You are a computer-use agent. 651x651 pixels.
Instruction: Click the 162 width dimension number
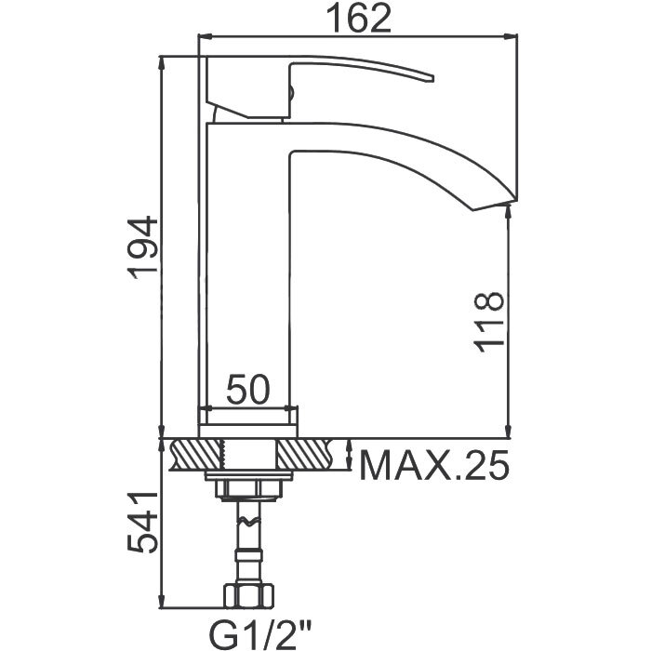(x=358, y=19)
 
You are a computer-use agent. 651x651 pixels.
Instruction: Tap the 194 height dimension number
(x=143, y=248)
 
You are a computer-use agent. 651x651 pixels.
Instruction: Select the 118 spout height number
(x=489, y=322)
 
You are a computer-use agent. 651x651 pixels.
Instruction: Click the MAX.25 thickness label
(x=434, y=465)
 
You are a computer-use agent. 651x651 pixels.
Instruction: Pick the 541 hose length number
(x=143, y=523)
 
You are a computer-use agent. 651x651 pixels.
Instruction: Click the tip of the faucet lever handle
(x=432, y=78)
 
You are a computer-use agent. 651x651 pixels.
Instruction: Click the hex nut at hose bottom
(x=249, y=595)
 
